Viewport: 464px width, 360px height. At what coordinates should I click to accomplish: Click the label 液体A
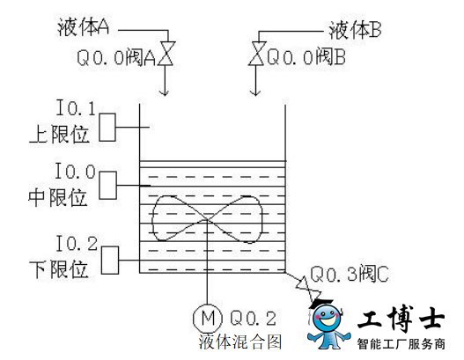point(83,27)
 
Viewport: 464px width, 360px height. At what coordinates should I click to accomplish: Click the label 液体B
point(355,30)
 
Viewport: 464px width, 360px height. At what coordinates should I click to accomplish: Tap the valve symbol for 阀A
point(166,54)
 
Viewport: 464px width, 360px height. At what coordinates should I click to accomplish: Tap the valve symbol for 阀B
point(257,54)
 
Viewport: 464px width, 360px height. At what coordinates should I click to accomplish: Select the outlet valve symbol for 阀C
point(309,290)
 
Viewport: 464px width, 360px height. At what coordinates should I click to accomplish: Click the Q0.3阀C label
point(350,275)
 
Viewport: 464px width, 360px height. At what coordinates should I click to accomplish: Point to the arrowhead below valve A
point(165,92)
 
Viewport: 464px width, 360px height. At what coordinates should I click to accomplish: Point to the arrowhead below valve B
point(255,92)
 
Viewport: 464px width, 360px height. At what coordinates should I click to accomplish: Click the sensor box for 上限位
point(107,128)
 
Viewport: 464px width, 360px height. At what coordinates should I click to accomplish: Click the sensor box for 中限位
point(107,186)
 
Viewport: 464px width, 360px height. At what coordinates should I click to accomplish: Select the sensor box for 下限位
point(110,261)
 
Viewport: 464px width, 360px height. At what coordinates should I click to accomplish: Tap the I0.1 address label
point(76,107)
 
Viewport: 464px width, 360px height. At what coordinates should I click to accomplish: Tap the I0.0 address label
point(76,172)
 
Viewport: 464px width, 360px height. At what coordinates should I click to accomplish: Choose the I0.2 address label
point(77,244)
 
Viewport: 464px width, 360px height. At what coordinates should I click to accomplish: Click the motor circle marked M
point(208,318)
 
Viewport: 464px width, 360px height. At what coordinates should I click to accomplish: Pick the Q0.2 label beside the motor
point(253,319)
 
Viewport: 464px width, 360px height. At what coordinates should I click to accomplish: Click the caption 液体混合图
point(240,342)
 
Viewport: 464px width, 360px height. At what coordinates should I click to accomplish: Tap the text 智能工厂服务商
point(401,344)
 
